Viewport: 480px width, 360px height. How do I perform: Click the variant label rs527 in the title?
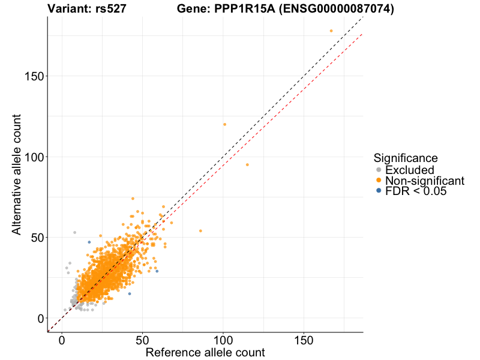point(110,9)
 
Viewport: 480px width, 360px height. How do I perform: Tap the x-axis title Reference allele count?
point(205,352)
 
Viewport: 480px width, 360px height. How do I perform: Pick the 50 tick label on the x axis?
point(142,340)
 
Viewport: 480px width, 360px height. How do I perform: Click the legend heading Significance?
point(406,158)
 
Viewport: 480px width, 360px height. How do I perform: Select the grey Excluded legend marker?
point(378,170)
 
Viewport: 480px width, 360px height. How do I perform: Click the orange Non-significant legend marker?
point(378,181)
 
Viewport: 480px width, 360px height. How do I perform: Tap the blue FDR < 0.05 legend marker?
point(378,191)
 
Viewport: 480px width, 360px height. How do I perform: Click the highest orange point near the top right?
point(331,31)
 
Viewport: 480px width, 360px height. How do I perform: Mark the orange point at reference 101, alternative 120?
point(225,124)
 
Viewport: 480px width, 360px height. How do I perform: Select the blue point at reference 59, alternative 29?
point(157,271)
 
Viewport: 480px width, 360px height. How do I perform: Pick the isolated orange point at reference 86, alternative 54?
point(200,231)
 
